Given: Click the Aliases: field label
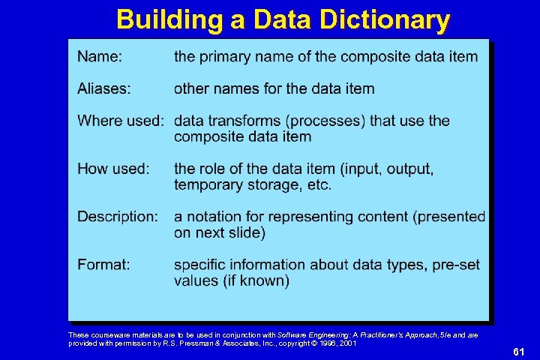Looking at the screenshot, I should coord(103,88).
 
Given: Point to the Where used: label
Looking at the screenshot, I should coord(121,121).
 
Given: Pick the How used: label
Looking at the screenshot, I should coord(112,169).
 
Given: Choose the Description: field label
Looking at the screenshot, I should coord(118,217).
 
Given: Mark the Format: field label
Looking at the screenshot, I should coord(103,265).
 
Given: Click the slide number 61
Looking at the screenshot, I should coord(518,352).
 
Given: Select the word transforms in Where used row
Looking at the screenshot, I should coord(244,121).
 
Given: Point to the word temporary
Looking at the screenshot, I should coord(205,184).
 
